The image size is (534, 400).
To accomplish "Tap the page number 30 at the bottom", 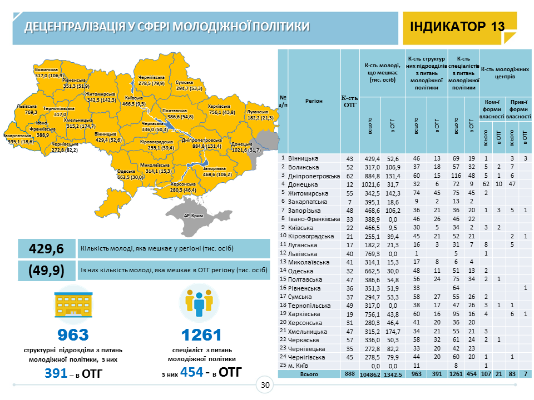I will [x=265, y=386].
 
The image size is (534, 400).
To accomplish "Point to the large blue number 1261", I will [x=201, y=335].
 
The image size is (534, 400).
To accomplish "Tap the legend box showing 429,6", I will [x=47, y=248].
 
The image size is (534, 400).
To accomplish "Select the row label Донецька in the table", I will [x=304, y=184].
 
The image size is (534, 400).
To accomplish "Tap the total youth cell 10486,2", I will [x=369, y=374].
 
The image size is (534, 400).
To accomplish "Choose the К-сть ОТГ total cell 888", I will [x=349, y=374].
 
